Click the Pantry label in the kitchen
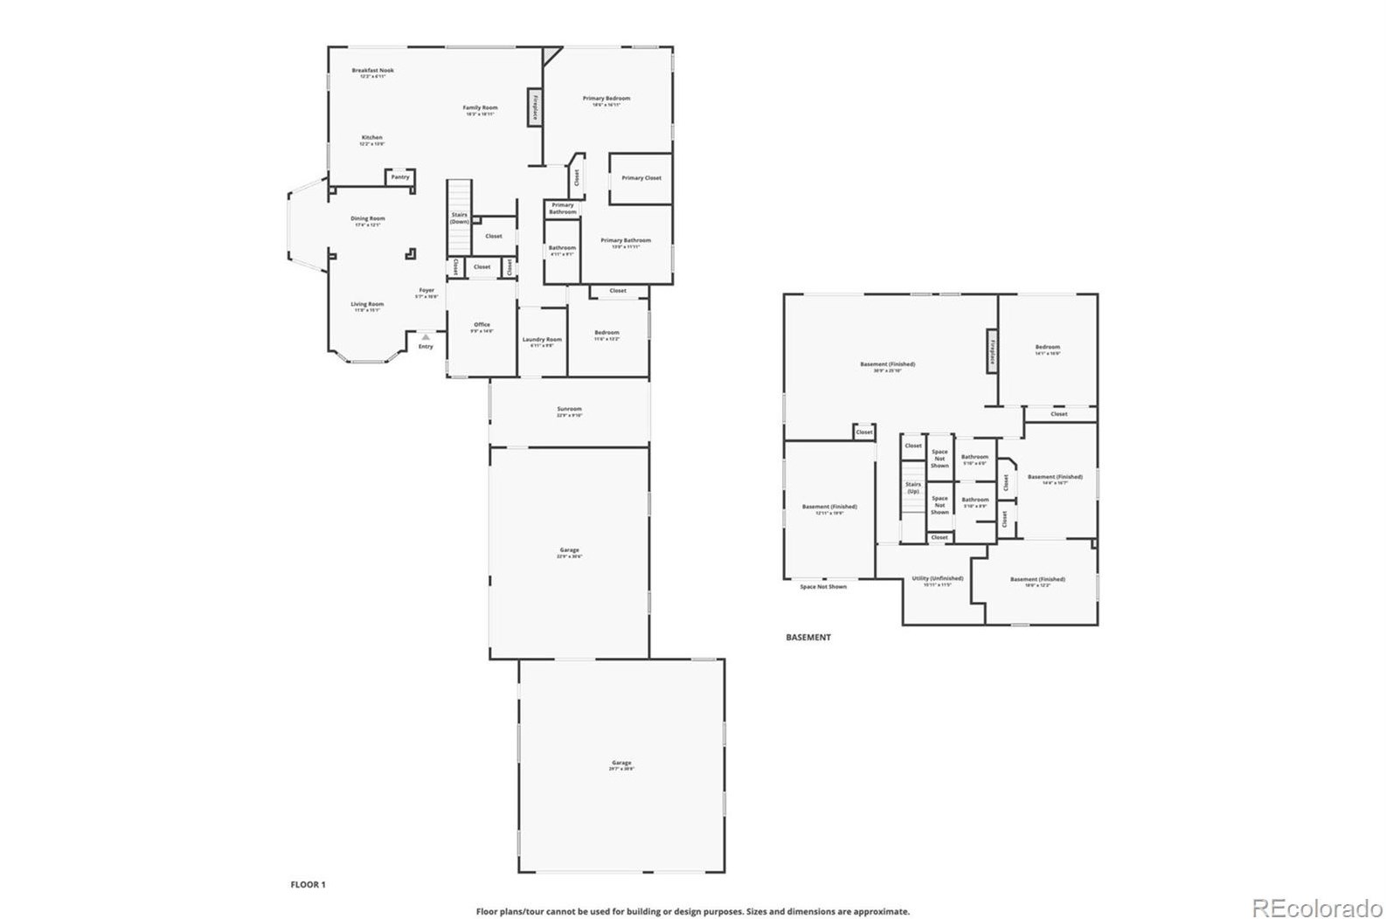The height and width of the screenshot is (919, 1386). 400,177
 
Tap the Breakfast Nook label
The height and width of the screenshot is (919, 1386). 372,71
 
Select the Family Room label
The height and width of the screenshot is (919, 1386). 480,108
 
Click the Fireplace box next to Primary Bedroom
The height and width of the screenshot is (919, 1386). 534,107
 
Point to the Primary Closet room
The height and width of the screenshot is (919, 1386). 641,178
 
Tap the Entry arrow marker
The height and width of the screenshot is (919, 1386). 426,336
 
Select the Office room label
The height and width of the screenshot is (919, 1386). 482,325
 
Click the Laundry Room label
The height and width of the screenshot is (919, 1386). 542,340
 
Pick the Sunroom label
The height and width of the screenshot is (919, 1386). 569,410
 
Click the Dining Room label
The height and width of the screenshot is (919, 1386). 368,219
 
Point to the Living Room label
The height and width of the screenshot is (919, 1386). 367,305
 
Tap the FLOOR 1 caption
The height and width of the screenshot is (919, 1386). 308,885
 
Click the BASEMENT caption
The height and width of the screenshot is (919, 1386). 807,638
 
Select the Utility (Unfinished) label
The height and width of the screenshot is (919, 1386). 937,579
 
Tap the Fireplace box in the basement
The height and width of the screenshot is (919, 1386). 992,350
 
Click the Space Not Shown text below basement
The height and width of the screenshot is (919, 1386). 823,587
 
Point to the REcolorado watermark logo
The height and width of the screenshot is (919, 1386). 1317,908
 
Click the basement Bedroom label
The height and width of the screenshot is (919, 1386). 1047,348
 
